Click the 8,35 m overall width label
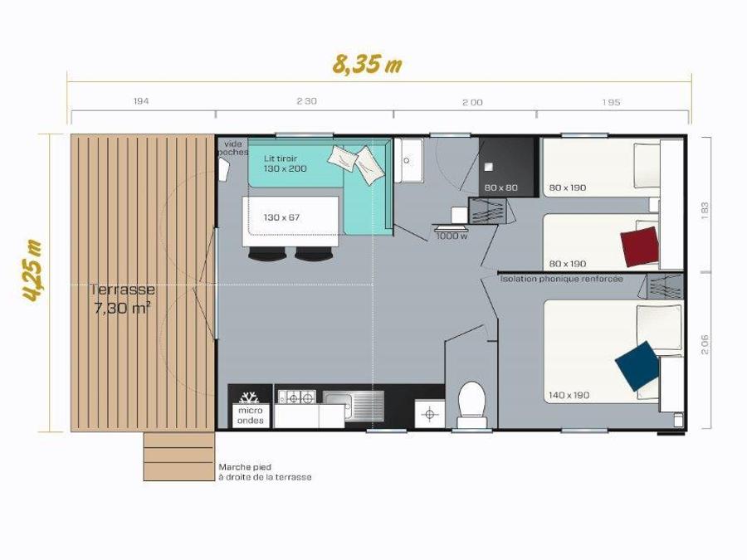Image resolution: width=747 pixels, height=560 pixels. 367,65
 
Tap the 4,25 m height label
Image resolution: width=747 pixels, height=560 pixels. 33,271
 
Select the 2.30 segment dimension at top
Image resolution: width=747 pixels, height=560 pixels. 307,101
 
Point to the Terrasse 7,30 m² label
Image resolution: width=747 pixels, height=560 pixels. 123,299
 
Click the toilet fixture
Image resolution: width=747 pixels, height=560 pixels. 471,405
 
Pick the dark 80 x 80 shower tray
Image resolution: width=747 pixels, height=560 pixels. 506,167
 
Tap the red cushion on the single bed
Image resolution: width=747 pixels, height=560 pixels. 640,246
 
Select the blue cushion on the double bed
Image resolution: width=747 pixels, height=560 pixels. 637,366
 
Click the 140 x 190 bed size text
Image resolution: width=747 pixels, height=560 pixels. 569,395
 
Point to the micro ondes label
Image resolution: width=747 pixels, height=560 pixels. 250,416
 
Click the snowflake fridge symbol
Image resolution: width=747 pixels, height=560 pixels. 249,397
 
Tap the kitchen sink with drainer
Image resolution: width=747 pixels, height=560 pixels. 353,406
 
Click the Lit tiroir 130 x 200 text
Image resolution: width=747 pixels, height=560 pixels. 285,163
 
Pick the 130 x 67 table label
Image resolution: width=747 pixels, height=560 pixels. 281,217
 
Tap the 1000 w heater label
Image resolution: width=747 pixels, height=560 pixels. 452,236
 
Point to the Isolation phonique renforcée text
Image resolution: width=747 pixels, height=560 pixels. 561,279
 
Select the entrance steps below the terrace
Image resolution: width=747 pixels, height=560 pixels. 178,456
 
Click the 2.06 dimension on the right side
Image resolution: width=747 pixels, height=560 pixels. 705,344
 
